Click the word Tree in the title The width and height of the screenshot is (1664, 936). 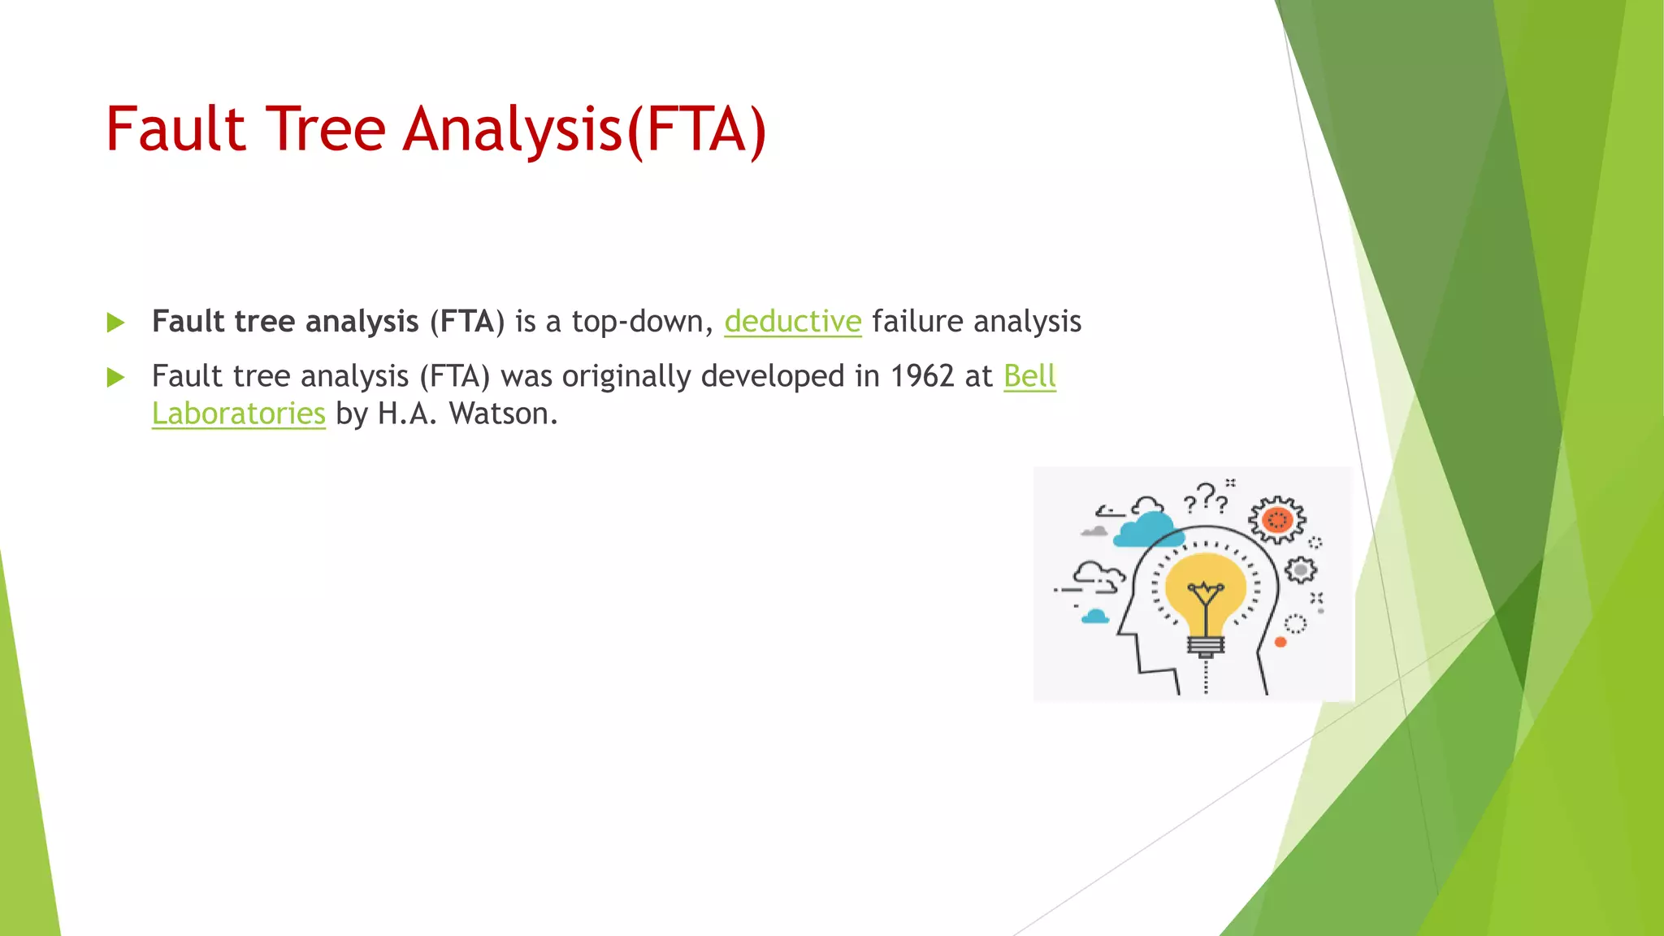[x=325, y=130]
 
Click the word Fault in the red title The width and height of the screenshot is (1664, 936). [x=175, y=130]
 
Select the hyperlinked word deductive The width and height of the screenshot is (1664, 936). [x=792, y=322]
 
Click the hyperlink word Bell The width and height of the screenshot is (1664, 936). [x=1029, y=376]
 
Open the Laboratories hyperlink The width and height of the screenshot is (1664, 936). [x=238, y=414]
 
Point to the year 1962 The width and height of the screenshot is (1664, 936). [x=921, y=376]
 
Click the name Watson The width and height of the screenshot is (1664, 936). [x=503, y=414]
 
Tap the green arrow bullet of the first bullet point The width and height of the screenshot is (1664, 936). [x=115, y=323]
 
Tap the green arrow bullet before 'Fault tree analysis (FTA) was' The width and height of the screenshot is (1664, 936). [x=115, y=377]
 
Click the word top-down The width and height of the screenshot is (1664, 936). [x=642, y=322]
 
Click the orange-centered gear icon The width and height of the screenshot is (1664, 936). [x=1277, y=519]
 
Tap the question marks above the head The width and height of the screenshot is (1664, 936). [x=1206, y=498]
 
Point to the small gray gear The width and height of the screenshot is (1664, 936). [x=1301, y=570]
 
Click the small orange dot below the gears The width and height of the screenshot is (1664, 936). [x=1280, y=642]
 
